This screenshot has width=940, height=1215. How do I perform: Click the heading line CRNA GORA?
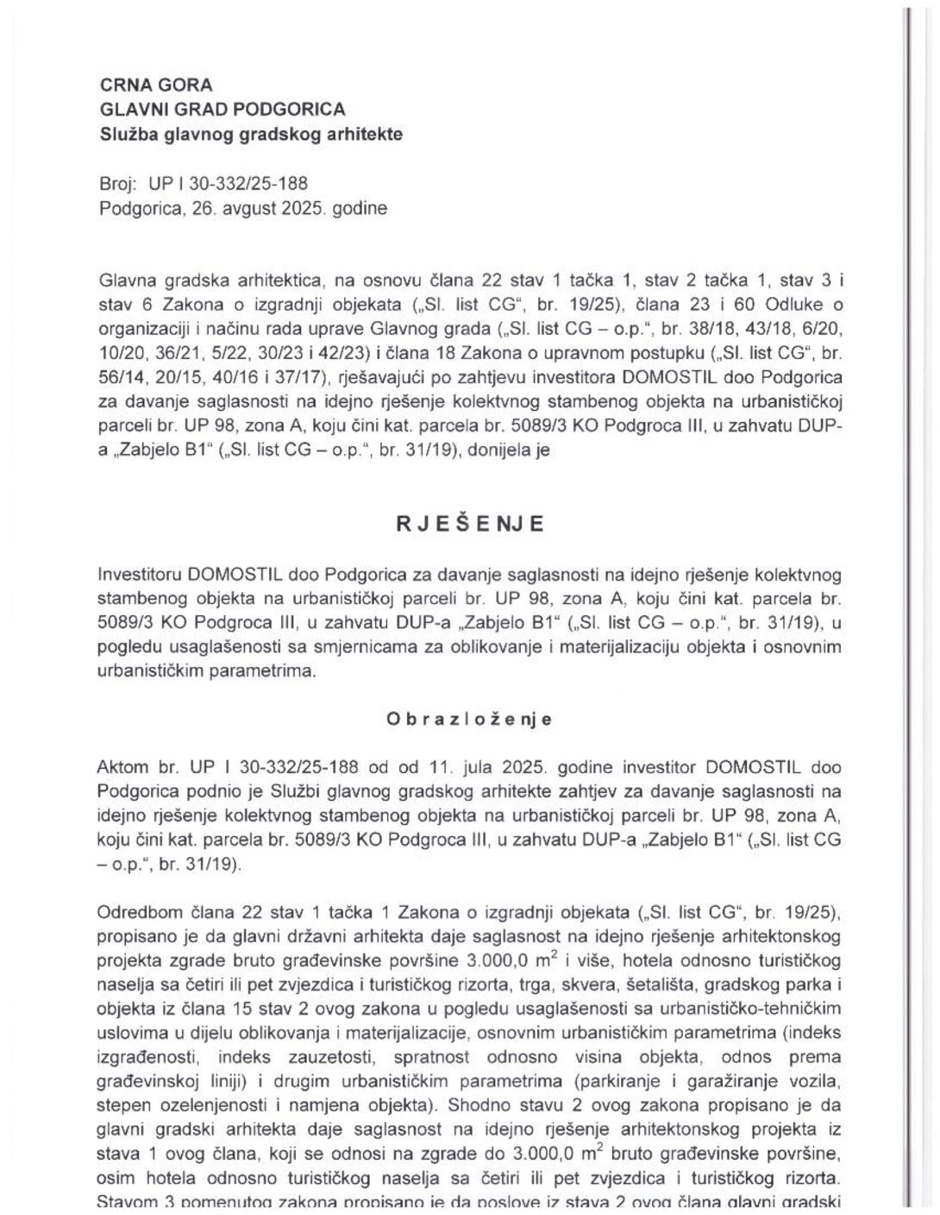[x=156, y=85]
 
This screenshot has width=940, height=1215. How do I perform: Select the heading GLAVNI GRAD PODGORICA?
[x=222, y=110]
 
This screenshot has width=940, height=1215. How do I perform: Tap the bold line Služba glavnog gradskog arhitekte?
[x=250, y=135]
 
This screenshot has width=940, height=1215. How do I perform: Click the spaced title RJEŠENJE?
[x=470, y=525]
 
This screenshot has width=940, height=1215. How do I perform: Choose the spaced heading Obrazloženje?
[x=470, y=719]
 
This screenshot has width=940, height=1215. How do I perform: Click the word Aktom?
[x=122, y=768]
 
